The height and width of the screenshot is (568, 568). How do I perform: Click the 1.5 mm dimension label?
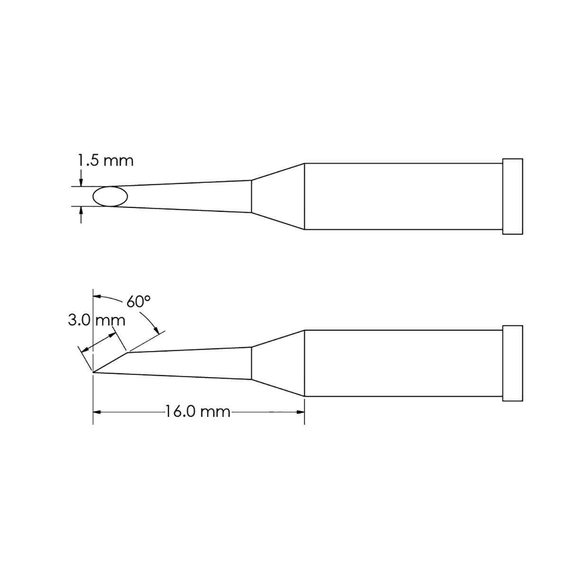point(106,161)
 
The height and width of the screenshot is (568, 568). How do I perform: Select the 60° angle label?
point(138,302)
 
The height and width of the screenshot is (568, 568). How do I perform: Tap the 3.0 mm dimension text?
point(97,321)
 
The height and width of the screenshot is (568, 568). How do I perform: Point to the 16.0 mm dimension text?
point(197,411)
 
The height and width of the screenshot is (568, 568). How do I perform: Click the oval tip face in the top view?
point(110,196)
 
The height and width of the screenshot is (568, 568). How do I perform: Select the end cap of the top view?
point(513,196)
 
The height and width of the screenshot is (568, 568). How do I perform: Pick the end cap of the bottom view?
point(513,363)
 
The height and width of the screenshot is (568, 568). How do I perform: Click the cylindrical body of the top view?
point(402,196)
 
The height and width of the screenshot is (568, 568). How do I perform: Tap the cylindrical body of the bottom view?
point(402,363)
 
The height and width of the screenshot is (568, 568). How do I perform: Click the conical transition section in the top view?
point(277,196)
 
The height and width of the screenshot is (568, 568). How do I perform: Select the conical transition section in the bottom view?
point(277,363)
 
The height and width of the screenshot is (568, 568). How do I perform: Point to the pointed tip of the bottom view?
point(95,372)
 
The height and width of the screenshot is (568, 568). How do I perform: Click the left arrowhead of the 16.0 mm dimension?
point(97,412)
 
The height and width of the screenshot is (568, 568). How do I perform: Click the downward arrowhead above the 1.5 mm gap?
point(81,182)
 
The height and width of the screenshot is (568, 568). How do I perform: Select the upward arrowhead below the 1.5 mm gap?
point(81,211)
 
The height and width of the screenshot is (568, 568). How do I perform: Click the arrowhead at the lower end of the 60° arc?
point(156,330)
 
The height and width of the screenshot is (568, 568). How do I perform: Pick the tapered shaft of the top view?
point(189,196)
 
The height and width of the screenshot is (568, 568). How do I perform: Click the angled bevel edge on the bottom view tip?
point(111,362)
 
